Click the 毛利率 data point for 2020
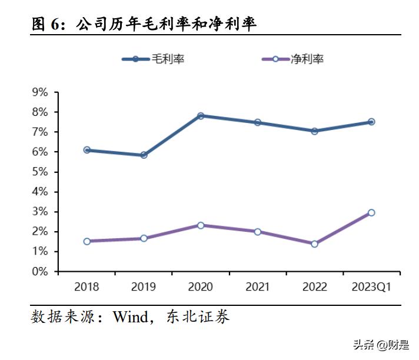pyautogui.click(x=201, y=116)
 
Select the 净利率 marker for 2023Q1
pyautogui.click(x=371, y=212)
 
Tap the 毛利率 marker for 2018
pyautogui.click(x=87, y=150)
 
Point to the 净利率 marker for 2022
pyautogui.click(x=314, y=244)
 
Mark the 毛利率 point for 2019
pyautogui.click(x=144, y=155)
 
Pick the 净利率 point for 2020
pyautogui.click(x=201, y=225)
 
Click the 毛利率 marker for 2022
pyautogui.click(x=314, y=131)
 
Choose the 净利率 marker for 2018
pyautogui.click(x=87, y=241)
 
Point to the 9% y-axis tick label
pyautogui.click(x=40, y=92)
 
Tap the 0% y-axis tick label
pyautogui.click(x=40, y=272)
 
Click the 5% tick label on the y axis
pyautogui.click(x=40, y=172)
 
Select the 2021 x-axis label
pyautogui.click(x=257, y=287)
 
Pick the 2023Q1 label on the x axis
pyautogui.click(x=371, y=287)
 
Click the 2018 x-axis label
pyautogui.click(x=87, y=287)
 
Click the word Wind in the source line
pyautogui.click(x=130, y=317)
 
